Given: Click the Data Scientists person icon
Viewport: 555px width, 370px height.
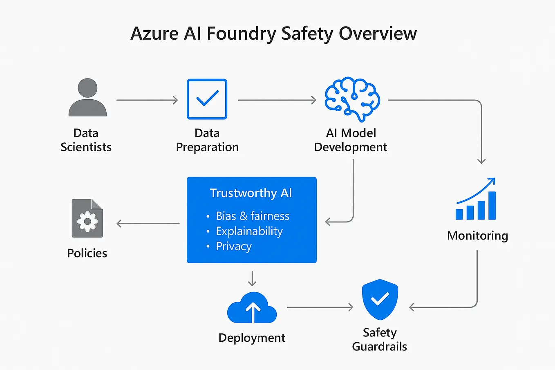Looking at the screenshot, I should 87,98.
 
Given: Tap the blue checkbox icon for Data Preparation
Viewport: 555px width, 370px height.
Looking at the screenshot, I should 207,99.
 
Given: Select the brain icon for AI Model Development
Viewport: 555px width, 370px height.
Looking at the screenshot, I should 352,99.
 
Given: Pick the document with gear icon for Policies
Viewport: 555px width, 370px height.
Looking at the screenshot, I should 87,218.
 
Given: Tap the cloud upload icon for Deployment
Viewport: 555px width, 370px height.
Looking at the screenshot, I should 252,308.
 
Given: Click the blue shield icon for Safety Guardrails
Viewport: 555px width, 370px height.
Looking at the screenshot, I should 380,299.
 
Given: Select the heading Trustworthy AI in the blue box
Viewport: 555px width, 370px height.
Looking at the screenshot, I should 251,193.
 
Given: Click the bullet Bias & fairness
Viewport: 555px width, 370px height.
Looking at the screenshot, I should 252,216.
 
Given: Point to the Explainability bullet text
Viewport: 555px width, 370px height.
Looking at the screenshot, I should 249,231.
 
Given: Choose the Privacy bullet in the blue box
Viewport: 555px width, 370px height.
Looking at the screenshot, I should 233,246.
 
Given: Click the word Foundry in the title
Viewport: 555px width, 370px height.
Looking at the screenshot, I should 241,34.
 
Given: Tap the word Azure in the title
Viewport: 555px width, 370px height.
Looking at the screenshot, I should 154,34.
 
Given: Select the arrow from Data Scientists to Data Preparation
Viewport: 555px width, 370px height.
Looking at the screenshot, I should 147,100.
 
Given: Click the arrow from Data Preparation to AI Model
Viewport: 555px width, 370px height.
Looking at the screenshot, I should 277,100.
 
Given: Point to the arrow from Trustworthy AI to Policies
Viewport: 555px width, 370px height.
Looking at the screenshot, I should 148,224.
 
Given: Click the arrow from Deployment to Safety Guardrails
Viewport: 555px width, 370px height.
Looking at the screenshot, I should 320,307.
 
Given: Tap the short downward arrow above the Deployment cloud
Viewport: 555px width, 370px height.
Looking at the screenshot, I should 252,278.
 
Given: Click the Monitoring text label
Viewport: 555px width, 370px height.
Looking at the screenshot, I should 477,235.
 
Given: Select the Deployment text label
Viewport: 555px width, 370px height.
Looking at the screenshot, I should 252,338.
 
